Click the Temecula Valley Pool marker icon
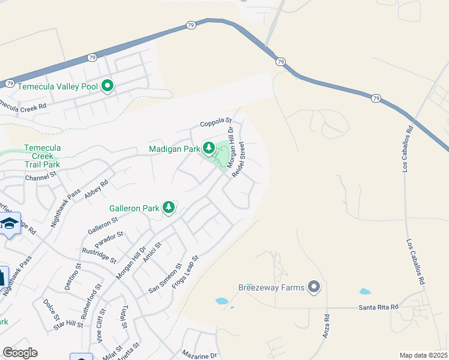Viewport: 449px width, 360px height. point(107,86)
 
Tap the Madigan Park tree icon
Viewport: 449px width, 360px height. point(209,148)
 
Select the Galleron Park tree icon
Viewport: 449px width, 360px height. point(169,208)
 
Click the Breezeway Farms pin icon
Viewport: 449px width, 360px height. point(313,287)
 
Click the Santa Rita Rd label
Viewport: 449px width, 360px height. point(379,307)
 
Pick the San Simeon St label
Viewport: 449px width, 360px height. point(165,279)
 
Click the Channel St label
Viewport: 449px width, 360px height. point(40,176)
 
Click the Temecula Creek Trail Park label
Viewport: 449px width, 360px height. point(42,156)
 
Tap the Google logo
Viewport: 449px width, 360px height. point(20,353)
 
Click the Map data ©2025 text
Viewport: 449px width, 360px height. point(424,355)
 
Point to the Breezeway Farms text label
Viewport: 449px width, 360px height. point(271,287)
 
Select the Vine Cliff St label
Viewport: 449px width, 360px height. point(99,328)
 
